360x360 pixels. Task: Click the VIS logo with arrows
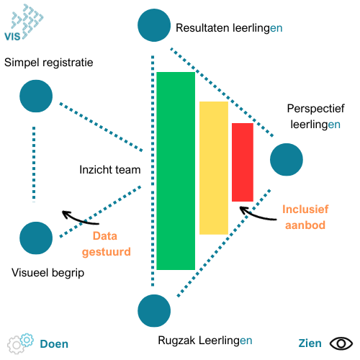click(x=24, y=22)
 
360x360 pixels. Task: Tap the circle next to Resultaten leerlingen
click(x=154, y=25)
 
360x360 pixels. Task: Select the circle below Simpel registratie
click(x=36, y=96)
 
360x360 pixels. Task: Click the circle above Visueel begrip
click(x=36, y=238)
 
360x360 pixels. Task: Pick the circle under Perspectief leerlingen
click(x=287, y=160)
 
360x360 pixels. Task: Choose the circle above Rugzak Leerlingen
click(x=154, y=311)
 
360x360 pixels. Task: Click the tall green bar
click(x=176, y=171)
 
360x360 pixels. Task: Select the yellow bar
click(x=214, y=168)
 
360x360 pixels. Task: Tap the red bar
click(x=243, y=162)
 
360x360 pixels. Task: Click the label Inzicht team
click(x=110, y=170)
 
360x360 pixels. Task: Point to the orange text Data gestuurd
click(x=107, y=244)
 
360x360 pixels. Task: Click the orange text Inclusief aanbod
click(x=305, y=217)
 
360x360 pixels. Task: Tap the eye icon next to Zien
click(x=341, y=343)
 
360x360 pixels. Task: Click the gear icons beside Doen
click(x=20, y=343)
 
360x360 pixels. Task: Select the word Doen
click(x=54, y=344)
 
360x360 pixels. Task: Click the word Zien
click(x=310, y=343)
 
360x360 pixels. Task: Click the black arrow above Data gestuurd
click(x=79, y=219)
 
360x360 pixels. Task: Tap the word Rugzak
click(x=176, y=341)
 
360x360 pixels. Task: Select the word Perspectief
click(x=316, y=109)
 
